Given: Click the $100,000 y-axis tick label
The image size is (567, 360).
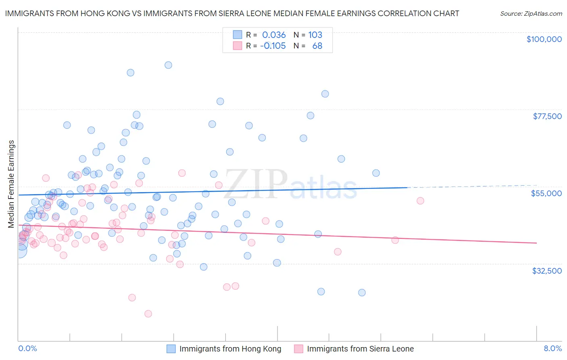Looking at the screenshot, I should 544,39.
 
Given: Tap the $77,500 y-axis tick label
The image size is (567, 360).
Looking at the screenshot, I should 547,116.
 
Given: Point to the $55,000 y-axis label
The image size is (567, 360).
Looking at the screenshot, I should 546,193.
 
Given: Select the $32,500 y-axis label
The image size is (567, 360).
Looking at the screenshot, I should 546,271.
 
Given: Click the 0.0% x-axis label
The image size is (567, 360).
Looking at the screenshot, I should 27,348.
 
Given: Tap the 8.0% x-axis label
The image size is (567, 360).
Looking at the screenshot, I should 552,348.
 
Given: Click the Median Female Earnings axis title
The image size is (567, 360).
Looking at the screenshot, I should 11,184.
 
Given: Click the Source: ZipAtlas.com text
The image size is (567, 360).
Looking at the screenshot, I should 531,13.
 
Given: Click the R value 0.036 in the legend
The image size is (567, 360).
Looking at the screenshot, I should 274,35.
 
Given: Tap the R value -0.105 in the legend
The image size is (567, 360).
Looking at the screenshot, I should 273,46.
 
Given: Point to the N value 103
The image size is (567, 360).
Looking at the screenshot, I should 315,35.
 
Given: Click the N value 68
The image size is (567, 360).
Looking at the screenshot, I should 317,46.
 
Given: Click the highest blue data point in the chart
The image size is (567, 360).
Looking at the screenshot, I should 168,65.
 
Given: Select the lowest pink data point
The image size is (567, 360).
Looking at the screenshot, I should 148,314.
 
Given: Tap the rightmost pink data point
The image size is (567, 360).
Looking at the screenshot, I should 420,201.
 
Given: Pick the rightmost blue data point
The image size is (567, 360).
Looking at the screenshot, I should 376,173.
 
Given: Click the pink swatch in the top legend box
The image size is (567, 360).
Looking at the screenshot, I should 238,46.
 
